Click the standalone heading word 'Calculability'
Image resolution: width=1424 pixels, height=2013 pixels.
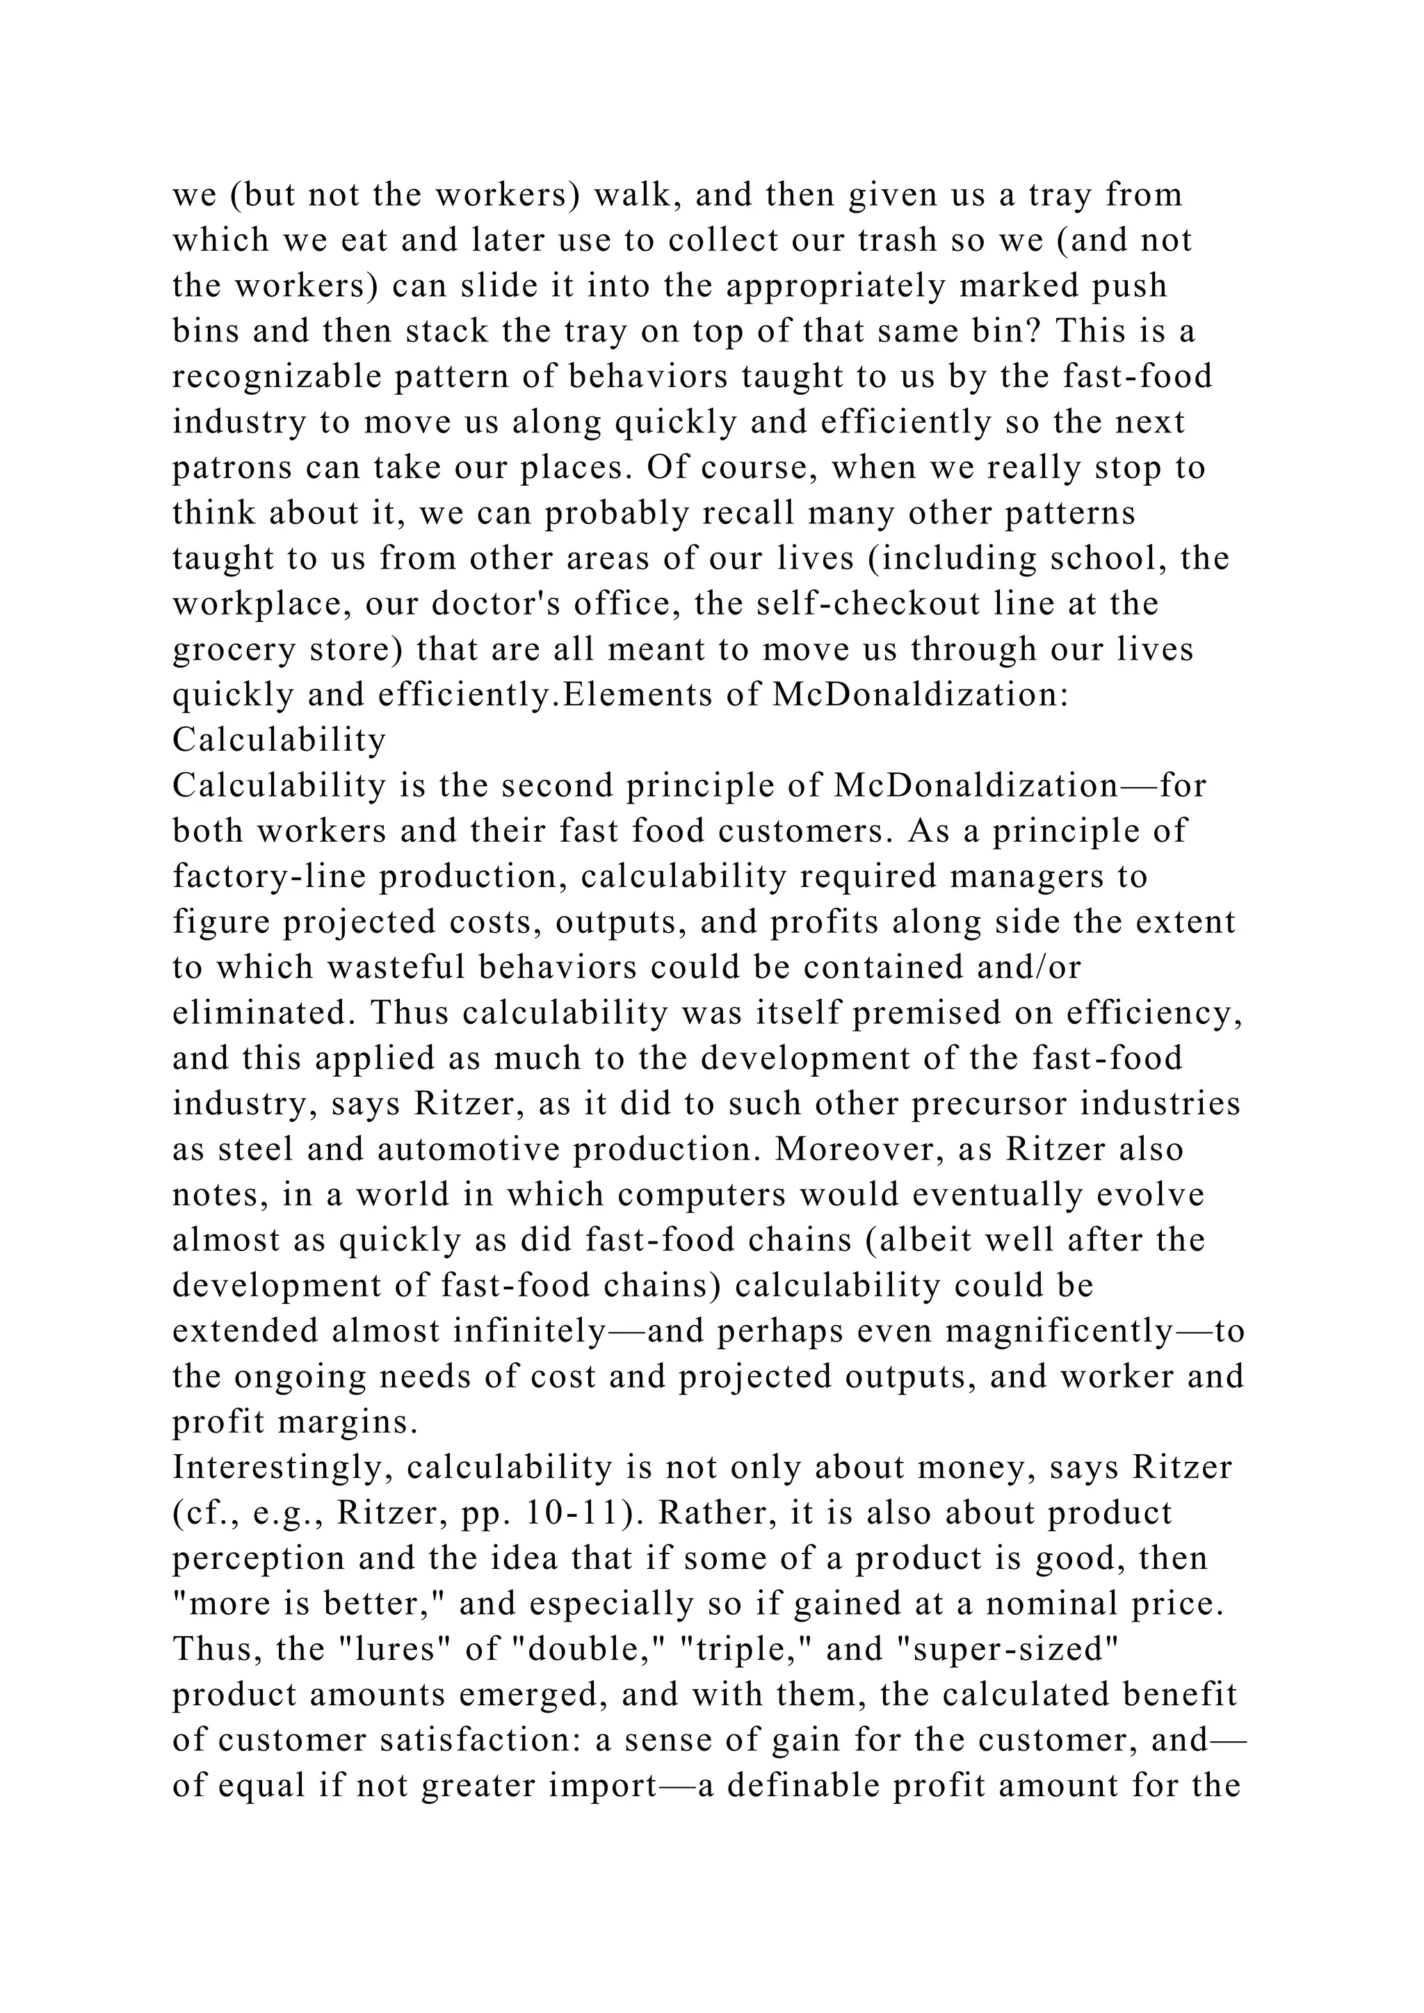279,741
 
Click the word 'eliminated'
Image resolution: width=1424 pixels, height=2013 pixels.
263,1013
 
